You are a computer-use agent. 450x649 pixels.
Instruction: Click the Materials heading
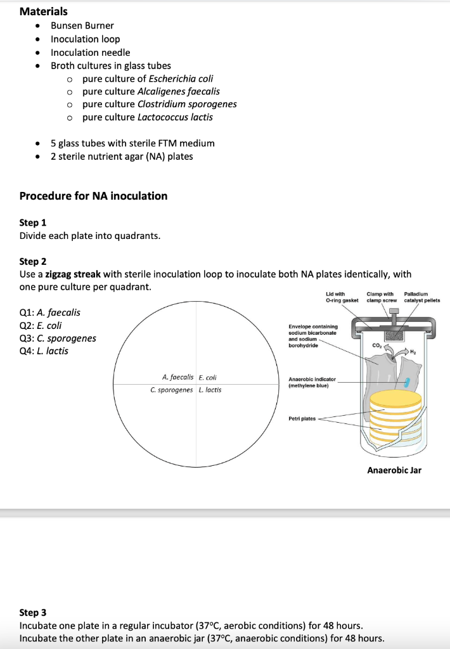[x=44, y=11]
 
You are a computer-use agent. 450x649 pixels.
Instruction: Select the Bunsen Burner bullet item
[x=82, y=26]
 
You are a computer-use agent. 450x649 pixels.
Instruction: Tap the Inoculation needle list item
[x=90, y=53]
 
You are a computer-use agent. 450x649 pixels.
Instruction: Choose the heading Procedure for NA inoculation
[x=94, y=196]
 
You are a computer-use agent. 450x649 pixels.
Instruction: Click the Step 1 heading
[x=33, y=223]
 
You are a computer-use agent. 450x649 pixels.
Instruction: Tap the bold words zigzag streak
[x=73, y=274]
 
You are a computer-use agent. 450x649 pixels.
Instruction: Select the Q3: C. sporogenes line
[x=58, y=338]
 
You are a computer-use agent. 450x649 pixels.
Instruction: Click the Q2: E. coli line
[x=41, y=326]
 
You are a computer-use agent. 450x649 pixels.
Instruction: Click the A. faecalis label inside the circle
[x=178, y=377]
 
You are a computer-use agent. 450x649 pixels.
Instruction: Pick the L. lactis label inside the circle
[x=210, y=390]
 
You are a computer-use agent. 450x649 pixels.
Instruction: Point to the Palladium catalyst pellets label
[x=421, y=297]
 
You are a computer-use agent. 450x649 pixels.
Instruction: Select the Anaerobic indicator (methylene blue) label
[x=312, y=382]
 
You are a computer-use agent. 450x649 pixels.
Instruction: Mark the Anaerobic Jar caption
[x=394, y=470]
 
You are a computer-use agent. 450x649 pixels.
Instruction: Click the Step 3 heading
[x=33, y=613]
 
